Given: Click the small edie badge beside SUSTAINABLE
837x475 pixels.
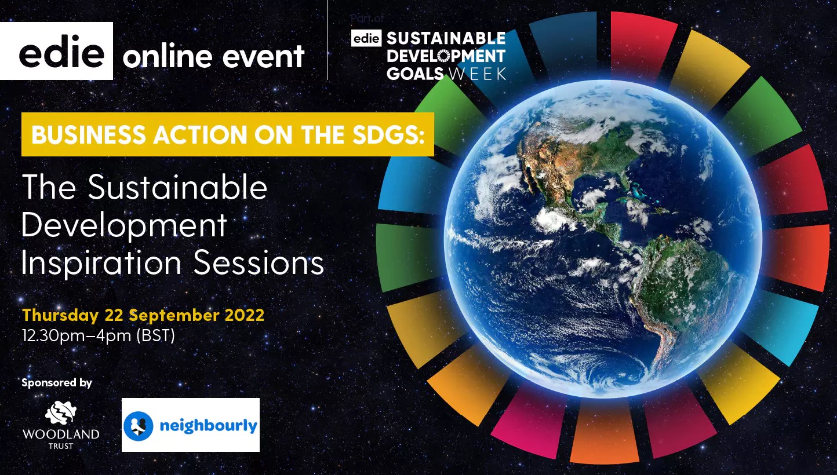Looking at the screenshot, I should pyautogui.click(x=366, y=39).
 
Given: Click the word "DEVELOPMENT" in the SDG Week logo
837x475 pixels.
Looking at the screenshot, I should pyautogui.click(x=446, y=56).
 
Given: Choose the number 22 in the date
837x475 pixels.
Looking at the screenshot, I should pyautogui.click(x=114, y=316).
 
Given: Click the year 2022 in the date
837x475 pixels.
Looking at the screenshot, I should pyautogui.click(x=244, y=316).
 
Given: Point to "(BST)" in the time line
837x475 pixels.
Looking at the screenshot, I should pyautogui.click(x=155, y=335).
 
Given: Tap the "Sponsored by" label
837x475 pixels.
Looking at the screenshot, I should pyautogui.click(x=57, y=383).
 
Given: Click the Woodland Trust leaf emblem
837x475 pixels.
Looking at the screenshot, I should pyautogui.click(x=60, y=412).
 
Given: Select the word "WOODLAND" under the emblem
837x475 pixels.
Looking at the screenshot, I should pyautogui.click(x=60, y=434).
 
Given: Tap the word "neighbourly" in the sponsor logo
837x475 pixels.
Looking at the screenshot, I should pyautogui.click(x=208, y=426).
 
